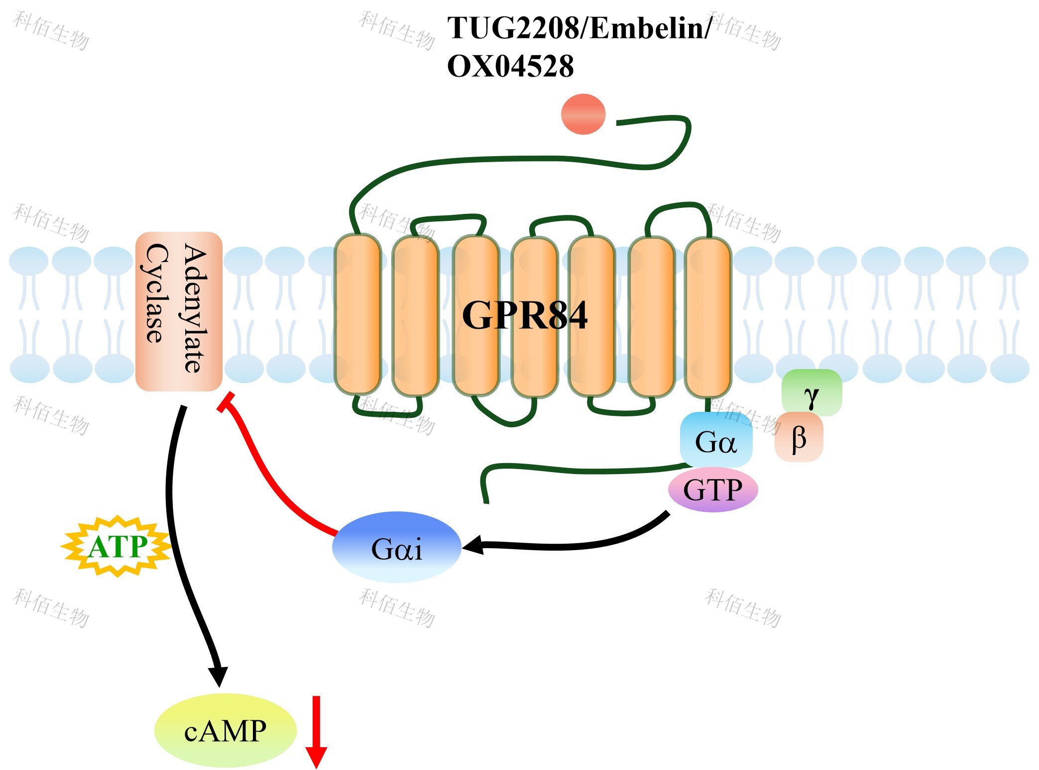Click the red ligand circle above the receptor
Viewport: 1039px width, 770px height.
(583, 114)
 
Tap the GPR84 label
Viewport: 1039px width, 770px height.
(525, 315)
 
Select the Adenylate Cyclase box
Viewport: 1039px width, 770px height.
(179, 311)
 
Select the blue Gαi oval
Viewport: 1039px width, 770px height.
(397, 547)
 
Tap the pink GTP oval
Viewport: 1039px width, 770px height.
(713, 489)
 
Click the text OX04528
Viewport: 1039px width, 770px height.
(510, 66)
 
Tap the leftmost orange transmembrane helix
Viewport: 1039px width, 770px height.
(357, 314)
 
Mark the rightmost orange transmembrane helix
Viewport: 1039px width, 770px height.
(708, 317)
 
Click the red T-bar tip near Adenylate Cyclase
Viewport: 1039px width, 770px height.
(226, 402)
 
